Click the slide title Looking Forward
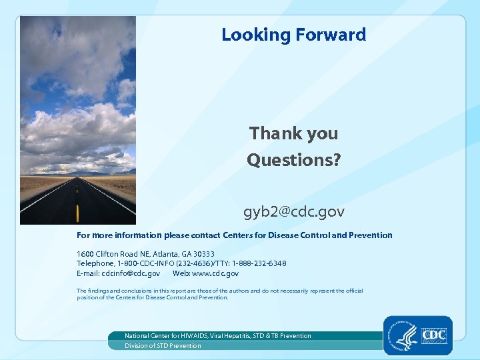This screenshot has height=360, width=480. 293,35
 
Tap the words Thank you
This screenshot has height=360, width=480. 293,133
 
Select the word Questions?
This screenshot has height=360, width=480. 293,160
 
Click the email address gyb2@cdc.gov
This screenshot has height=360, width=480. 293,212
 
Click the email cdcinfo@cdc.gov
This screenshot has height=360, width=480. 131,273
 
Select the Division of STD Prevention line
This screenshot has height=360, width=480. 163,346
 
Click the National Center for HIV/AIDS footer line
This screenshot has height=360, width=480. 217,336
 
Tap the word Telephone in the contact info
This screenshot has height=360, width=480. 96,263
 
